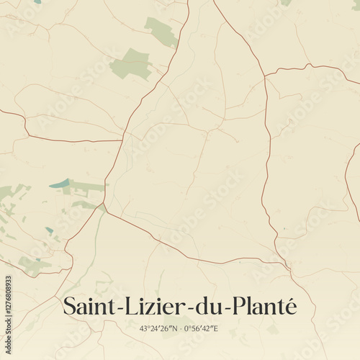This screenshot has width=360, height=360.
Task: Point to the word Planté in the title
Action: (261, 307)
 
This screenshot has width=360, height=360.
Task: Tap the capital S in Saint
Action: (70, 307)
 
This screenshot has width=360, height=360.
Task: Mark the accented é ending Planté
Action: (289, 307)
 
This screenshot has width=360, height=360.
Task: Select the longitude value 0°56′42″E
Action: (201, 329)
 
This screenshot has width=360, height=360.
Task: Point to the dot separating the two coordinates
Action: (180, 329)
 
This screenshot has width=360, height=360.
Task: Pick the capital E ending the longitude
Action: (215, 329)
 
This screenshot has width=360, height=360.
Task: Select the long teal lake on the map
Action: (60, 184)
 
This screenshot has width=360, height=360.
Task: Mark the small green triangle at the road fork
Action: (103, 208)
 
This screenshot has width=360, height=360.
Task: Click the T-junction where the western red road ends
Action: (122, 140)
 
